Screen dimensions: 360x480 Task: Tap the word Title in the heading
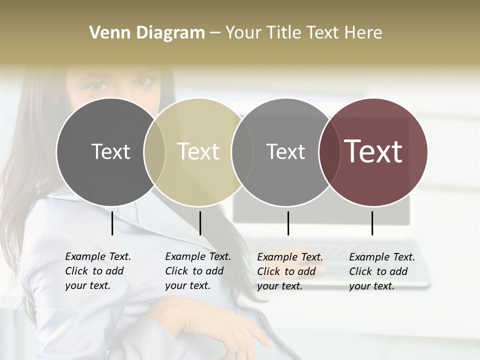click(284, 33)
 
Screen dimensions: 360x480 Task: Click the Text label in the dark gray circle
click(110, 151)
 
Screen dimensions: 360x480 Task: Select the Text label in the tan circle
click(198, 151)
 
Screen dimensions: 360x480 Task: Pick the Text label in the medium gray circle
click(285, 151)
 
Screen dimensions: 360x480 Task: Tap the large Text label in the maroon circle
click(373, 151)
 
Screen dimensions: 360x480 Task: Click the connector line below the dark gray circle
click(112, 223)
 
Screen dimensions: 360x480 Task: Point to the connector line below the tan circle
click(200, 223)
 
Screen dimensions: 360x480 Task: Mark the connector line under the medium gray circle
click(288, 223)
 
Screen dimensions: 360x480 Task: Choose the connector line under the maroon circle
click(372, 223)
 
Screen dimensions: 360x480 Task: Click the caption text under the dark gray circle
click(97, 271)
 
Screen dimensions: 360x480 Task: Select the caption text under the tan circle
click(197, 271)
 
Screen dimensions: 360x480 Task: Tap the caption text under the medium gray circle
click(289, 271)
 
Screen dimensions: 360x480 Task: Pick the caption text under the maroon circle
click(381, 271)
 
